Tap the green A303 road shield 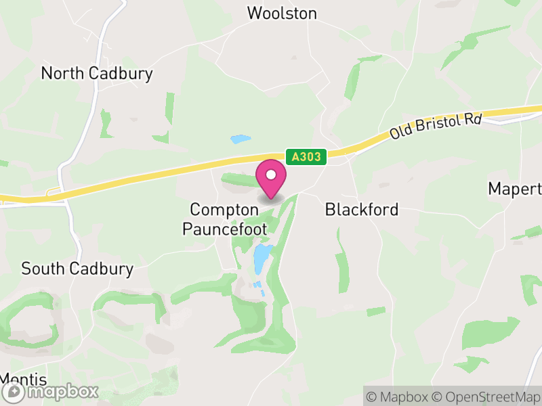306,157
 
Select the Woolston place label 282,13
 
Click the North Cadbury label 97,73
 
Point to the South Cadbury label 77,269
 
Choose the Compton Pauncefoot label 224,219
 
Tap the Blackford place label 362,210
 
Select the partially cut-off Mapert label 516,188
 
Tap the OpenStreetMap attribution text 486,396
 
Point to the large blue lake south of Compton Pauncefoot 261,256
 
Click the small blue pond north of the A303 240,140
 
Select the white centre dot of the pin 271,175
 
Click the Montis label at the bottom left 23,379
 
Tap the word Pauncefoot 224,229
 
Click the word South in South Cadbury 44,269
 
